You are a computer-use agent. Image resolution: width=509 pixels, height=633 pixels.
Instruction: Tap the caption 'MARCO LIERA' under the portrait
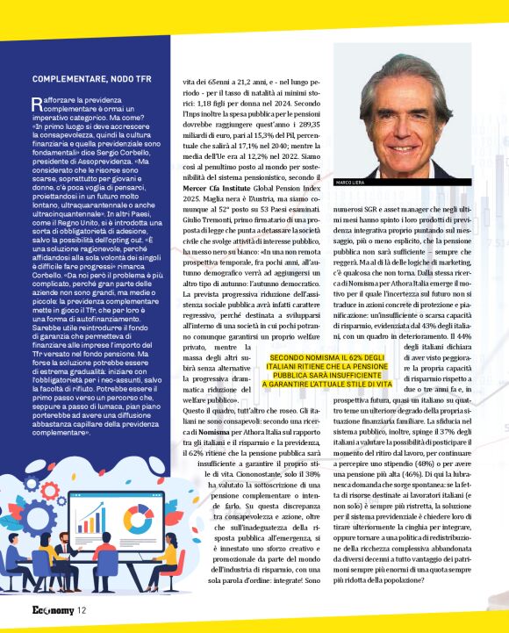point(351,183)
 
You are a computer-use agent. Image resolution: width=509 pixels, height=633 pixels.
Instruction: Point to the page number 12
point(81,610)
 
